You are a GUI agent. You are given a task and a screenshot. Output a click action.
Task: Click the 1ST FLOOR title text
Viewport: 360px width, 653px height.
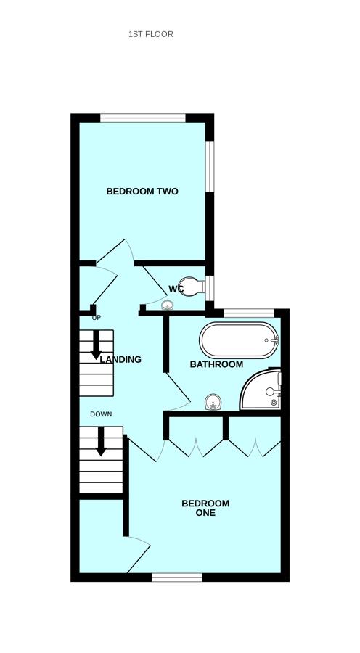point(150,34)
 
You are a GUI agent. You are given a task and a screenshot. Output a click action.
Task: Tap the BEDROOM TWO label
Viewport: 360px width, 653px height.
point(142,192)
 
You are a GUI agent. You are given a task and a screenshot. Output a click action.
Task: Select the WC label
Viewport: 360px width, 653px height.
point(176,289)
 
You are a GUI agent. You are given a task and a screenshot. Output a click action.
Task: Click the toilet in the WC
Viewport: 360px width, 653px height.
point(190,287)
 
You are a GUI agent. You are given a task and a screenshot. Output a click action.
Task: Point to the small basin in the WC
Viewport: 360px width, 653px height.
point(168,306)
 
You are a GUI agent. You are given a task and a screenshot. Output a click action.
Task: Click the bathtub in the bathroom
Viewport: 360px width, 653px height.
point(238,340)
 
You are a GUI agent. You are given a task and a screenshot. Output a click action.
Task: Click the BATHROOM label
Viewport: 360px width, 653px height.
point(216,364)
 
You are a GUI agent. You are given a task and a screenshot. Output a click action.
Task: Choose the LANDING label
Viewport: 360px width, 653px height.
point(120,359)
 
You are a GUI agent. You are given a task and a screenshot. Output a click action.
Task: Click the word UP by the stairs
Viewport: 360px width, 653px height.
point(97,318)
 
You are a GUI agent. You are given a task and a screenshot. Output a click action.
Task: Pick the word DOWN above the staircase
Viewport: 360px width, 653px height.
point(101,414)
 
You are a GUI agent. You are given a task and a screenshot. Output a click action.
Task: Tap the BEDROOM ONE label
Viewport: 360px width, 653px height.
point(205,508)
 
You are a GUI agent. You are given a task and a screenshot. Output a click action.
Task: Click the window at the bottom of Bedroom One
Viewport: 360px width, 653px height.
point(176,578)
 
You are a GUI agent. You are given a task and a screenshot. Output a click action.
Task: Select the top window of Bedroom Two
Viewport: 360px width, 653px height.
point(143,118)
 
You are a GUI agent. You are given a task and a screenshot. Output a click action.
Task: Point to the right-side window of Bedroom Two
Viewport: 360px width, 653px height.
point(209,166)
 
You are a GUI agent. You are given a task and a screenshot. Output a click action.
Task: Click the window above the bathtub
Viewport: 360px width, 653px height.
point(249,313)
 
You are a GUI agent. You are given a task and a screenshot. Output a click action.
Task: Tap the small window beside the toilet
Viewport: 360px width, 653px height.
point(209,287)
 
